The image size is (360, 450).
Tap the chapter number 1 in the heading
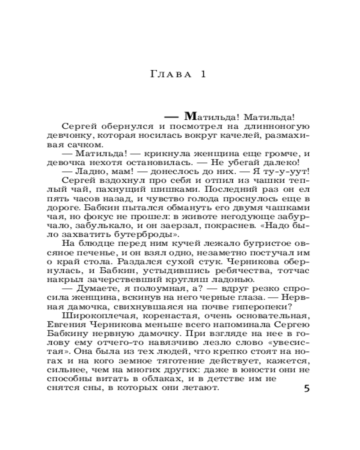pyautogui.click(x=203, y=75)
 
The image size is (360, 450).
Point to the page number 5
pyautogui.click(x=307, y=388)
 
